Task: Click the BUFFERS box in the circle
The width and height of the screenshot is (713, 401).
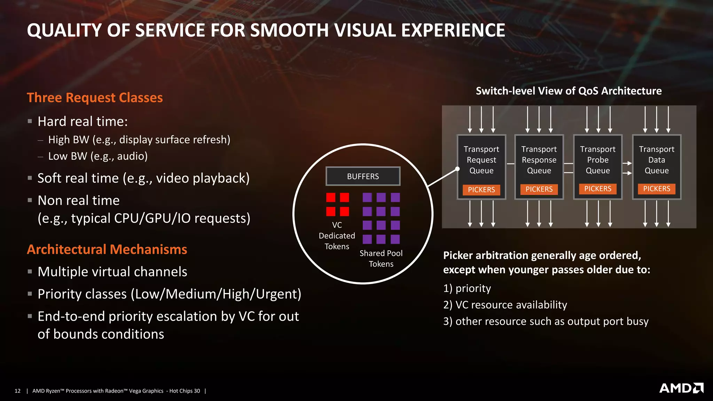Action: tap(363, 176)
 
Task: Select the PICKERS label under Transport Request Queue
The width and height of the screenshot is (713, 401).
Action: tap(481, 190)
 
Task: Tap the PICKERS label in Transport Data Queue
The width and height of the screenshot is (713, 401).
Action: tap(656, 189)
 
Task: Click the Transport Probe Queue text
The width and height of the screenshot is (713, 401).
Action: tap(597, 160)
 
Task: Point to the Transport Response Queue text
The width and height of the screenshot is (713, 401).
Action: tap(539, 160)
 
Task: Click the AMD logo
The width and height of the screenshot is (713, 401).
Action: tap(681, 388)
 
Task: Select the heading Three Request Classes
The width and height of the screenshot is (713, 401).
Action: tap(95, 98)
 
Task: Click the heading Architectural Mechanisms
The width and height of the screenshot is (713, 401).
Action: tap(107, 250)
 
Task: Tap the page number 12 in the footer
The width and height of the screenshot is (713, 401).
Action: tap(18, 391)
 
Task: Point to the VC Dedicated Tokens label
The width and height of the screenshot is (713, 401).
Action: tap(337, 236)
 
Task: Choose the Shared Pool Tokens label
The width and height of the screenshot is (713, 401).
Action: tap(381, 258)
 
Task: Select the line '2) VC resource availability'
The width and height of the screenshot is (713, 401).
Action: tap(505, 305)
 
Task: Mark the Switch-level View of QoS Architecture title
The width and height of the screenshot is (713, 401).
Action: tap(569, 91)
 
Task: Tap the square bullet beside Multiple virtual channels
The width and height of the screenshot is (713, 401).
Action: tap(30, 272)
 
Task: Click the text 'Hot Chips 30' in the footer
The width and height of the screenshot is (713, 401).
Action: tap(185, 391)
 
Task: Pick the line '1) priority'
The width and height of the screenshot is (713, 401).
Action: tap(467, 289)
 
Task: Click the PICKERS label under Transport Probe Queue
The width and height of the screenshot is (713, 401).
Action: tap(597, 189)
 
